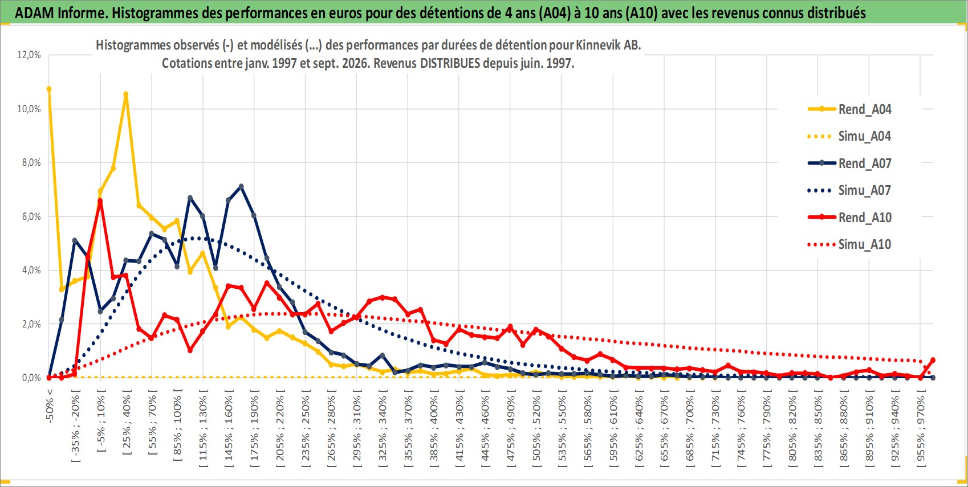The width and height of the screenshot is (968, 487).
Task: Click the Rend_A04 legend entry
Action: coord(849,109)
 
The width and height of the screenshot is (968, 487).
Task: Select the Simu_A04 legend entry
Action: coord(849,137)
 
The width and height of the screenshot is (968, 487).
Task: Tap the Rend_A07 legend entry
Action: coord(849,163)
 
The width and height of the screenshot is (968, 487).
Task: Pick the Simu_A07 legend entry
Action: coord(849,190)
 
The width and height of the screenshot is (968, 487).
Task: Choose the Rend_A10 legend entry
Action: coord(849,217)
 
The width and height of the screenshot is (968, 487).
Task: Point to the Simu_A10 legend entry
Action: coord(849,244)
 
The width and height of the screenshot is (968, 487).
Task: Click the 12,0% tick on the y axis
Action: coord(29,55)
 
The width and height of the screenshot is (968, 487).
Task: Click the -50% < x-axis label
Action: coord(49,406)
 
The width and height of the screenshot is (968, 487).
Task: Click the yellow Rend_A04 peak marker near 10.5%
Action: coord(126,94)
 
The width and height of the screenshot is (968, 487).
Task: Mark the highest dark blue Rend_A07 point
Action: coord(241,186)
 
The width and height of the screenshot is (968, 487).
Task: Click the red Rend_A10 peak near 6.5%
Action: coord(100,201)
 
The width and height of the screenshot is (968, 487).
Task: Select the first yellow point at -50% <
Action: coord(49,89)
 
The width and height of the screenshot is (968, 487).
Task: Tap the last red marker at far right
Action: coord(933,360)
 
